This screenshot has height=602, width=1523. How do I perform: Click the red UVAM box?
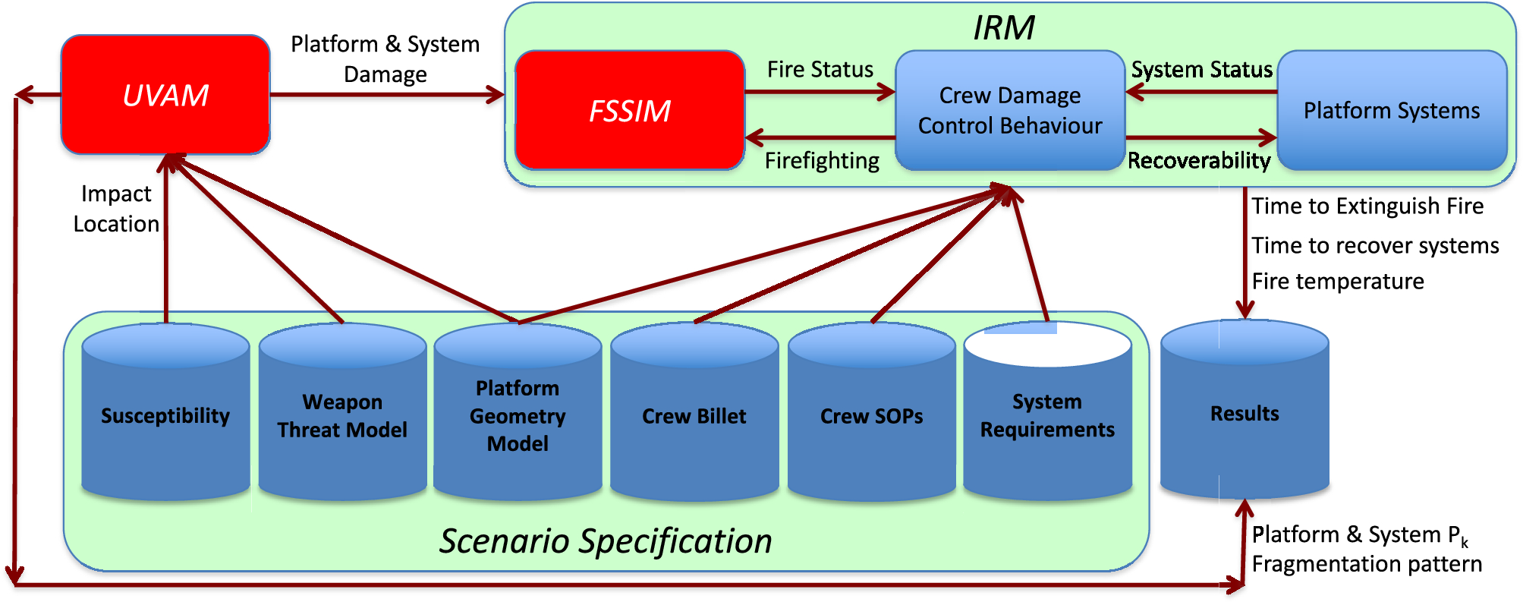coord(165,95)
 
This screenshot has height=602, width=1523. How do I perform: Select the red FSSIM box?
coord(629,111)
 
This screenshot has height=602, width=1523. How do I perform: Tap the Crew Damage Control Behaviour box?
coord(1009,110)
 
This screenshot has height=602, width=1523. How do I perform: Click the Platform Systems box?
coord(1392,111)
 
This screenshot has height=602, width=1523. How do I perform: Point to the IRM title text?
coord(1003,28)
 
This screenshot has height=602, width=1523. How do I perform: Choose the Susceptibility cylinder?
coord(165,415)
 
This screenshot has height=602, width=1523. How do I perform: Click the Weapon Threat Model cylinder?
coord(342,415)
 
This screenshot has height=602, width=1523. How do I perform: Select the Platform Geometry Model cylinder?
coord(518,415)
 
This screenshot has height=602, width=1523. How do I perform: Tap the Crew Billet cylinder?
coord(694,416)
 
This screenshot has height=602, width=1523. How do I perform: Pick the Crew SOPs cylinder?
coord(871,416)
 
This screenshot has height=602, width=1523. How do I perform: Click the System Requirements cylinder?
coord(1047,415)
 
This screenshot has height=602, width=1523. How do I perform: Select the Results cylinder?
coord(1245,413)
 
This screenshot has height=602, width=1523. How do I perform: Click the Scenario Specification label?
coord(606,541)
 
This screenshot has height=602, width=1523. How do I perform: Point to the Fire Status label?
coord(820,70)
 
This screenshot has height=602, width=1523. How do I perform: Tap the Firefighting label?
coord(822,161)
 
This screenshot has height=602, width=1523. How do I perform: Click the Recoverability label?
coord(1198,161)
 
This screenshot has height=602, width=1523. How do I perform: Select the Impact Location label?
coord(116,209)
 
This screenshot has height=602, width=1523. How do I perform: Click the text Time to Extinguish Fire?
coord(1367,206)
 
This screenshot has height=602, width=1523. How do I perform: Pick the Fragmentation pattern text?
coord(1366,564)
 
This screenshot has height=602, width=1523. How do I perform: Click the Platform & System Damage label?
coord(385,59)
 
